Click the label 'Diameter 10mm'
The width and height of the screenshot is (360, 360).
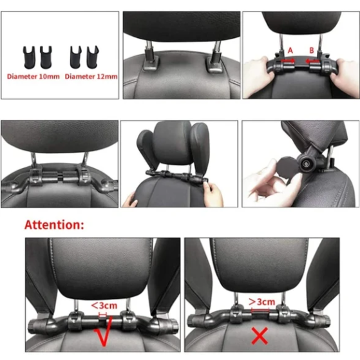(x=33, y=76)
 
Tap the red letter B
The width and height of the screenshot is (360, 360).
(x=310, y=49)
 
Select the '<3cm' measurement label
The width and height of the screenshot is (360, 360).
(x=104, y=305)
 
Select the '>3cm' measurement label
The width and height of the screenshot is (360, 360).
(x=261, y=301)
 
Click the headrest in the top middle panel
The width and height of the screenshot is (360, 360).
(x=181, y=26)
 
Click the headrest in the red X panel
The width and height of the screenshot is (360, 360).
(x=261, y=264)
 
